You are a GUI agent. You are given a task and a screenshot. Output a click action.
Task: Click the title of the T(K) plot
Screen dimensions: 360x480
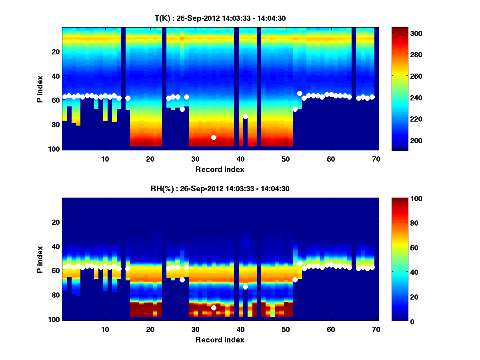[220, 18]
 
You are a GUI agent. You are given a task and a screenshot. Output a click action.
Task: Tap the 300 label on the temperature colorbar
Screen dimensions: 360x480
[407, 33]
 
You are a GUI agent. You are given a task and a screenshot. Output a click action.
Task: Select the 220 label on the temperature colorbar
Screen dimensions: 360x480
[407, 119]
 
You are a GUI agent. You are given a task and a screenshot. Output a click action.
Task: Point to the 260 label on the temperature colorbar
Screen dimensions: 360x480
[407, 76]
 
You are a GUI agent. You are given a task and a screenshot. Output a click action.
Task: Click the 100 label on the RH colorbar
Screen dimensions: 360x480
[407, 199]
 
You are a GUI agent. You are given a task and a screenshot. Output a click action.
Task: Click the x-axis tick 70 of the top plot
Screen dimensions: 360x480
[376, 159]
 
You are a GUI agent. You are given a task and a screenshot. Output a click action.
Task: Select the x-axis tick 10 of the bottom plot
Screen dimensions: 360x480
[105, 329]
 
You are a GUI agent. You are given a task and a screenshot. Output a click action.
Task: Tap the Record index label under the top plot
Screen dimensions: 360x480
[220, 169]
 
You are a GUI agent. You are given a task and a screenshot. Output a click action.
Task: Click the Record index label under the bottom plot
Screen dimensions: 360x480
[220, 340]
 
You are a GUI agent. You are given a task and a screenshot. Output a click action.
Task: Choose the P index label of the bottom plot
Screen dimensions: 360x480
[40, 259]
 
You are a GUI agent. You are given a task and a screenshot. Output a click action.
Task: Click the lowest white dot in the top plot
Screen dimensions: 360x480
[214, 137]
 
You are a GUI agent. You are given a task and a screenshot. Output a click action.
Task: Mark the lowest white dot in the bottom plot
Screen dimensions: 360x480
[214, 308]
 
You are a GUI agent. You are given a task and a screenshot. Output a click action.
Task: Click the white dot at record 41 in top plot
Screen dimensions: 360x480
[245, 116]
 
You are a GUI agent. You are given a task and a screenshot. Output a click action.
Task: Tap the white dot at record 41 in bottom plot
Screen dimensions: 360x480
[245, 287]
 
